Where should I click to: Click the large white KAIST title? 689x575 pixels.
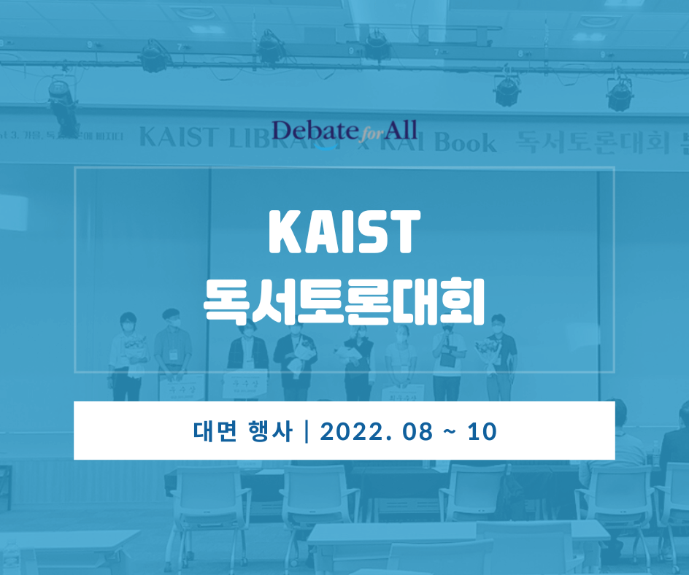click(344, 233)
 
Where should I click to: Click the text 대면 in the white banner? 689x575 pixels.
click(212, 431)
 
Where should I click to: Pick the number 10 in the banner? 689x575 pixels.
click(482, 431)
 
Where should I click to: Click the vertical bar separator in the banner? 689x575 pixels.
click(306, 431)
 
